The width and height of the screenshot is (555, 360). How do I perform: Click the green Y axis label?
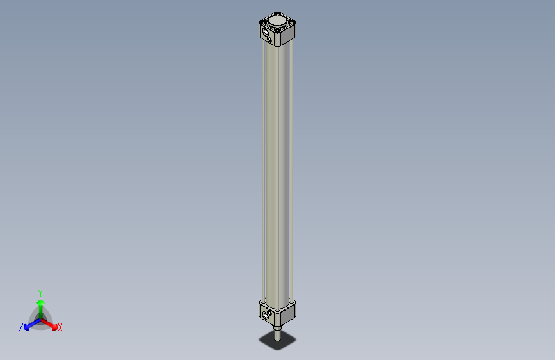[x=40, y=292]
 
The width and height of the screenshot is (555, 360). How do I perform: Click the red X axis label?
[x=60, y=328]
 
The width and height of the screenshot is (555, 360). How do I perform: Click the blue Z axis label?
[x=21, y=327]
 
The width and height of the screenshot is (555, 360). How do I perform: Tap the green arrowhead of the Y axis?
[x=40, y=301]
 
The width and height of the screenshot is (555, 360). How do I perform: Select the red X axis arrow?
[x=51, y=324]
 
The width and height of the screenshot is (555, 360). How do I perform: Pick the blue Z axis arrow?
[x=29, y=325]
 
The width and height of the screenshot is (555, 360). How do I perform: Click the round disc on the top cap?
[x=278, y=22]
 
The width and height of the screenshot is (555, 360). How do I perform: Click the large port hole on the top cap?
[x=266, y=32]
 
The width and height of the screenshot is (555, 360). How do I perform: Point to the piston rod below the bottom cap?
[x=277, y=335]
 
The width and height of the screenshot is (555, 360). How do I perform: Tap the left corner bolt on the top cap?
[x=261, y=22]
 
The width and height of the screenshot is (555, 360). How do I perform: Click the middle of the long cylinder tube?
[x=277, y=173]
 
